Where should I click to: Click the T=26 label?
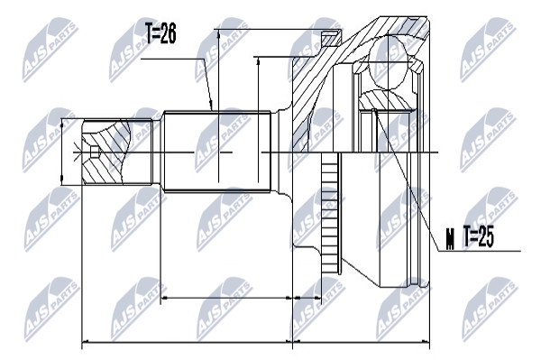click(160, 33)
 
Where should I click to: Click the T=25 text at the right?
click(478, 236)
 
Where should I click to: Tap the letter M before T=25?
click(450, 240)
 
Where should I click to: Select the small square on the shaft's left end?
click(94, 152)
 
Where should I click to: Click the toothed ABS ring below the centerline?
click(330, 213)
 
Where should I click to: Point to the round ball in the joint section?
click(388, 63)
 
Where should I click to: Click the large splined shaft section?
click(217, 151)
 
